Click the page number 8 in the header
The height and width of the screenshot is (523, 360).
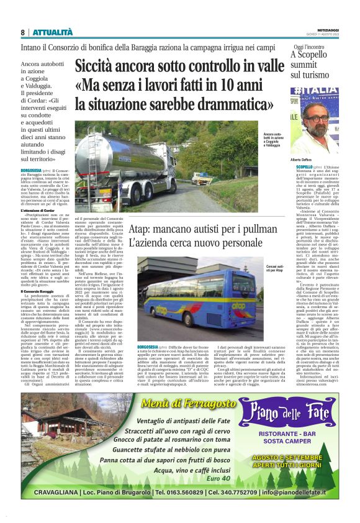pos(22,32)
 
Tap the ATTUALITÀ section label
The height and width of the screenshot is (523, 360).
pos(53,32)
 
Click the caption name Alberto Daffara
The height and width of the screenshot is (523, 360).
pos(305,160)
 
